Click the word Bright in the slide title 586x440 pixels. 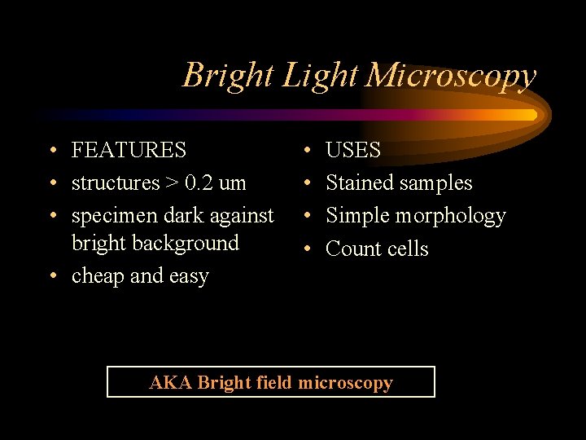point(229,75)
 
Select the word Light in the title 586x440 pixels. point(320,75)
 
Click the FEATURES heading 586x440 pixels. point(129,151)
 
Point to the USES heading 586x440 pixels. point(353,151)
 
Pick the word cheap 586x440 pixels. point(98,277)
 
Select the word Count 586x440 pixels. point(352,249)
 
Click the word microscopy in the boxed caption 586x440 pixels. point(346,382)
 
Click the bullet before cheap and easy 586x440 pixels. point(51,277)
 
